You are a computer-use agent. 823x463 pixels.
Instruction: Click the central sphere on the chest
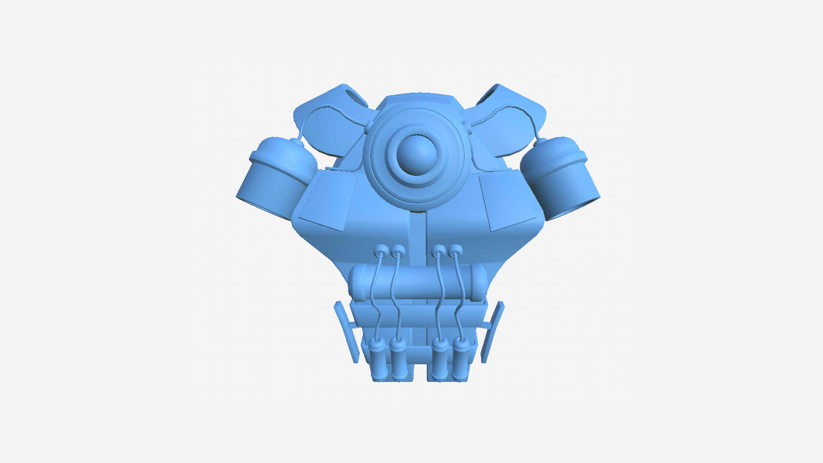click(416, 154)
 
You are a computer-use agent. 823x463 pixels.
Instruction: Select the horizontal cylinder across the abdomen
click(418, 283)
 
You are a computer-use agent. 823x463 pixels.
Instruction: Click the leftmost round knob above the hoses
click(380, 250)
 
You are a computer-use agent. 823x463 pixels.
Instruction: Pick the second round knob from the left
click(398, 250)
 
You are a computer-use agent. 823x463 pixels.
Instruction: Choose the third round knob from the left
click(438, 250)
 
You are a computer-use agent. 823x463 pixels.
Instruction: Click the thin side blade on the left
click(346, 332)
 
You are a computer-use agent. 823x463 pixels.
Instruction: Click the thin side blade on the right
click(492, 332)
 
